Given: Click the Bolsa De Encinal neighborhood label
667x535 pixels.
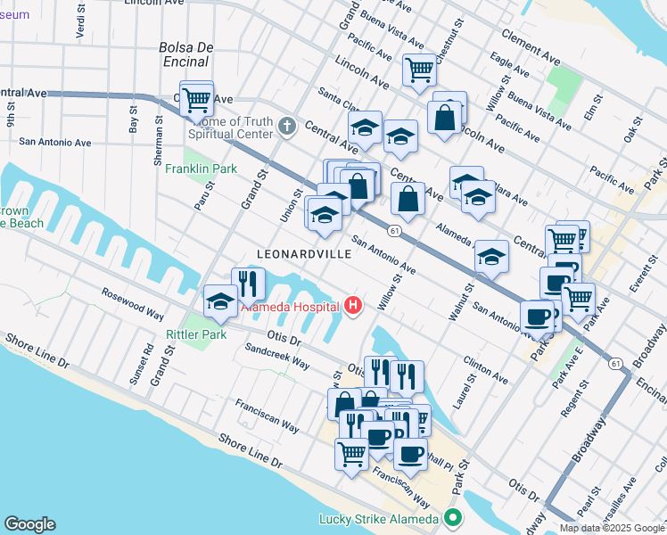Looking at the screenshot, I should (183, 54).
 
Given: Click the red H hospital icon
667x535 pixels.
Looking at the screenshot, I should (354, 307).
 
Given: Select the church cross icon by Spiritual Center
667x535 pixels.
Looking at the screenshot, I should (286, 125).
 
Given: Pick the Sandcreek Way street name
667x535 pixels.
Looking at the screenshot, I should (276, 358).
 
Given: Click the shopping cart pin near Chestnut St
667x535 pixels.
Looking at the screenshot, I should (418, 69).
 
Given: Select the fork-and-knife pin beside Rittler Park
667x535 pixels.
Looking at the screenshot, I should (248, 284).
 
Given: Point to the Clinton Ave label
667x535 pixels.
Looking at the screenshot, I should (486, 370).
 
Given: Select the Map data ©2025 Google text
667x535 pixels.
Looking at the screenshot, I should (612, 528).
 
